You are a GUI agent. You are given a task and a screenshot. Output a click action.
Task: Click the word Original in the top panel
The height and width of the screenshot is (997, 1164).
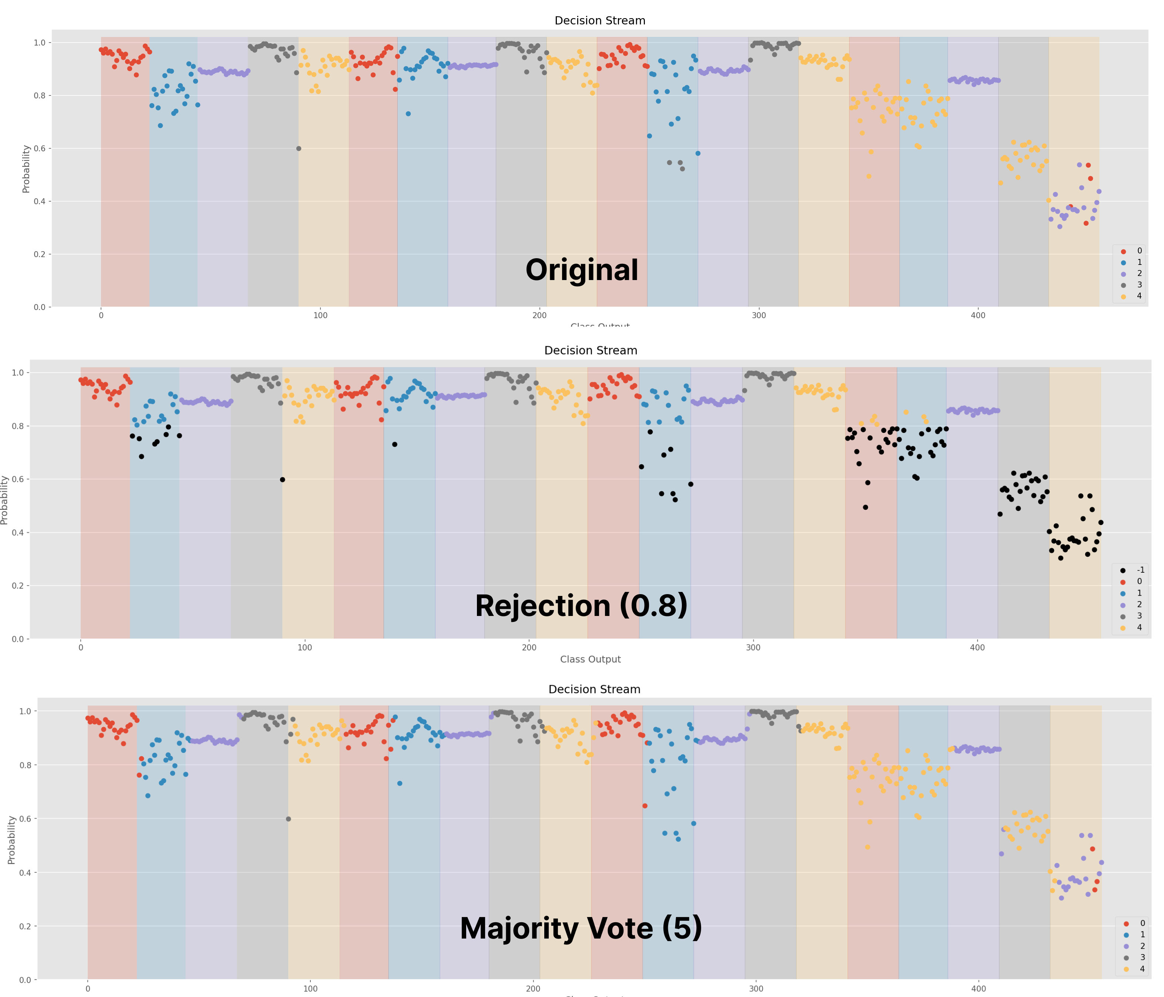(581, 270)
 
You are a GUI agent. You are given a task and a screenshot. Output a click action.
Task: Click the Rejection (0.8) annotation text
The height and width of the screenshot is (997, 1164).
(581, 606)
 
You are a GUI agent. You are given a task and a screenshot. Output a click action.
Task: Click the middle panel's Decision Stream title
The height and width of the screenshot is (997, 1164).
(591, 350)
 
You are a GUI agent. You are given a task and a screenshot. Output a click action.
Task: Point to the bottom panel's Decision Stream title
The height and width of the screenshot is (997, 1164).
(594, 689)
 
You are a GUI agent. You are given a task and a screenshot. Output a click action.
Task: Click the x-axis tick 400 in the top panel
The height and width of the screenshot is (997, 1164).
(978, 316)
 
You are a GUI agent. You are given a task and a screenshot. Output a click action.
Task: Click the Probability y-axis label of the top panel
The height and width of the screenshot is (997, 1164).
(26, 168)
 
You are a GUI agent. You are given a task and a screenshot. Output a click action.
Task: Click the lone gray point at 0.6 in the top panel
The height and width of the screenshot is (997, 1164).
(298, 148)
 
